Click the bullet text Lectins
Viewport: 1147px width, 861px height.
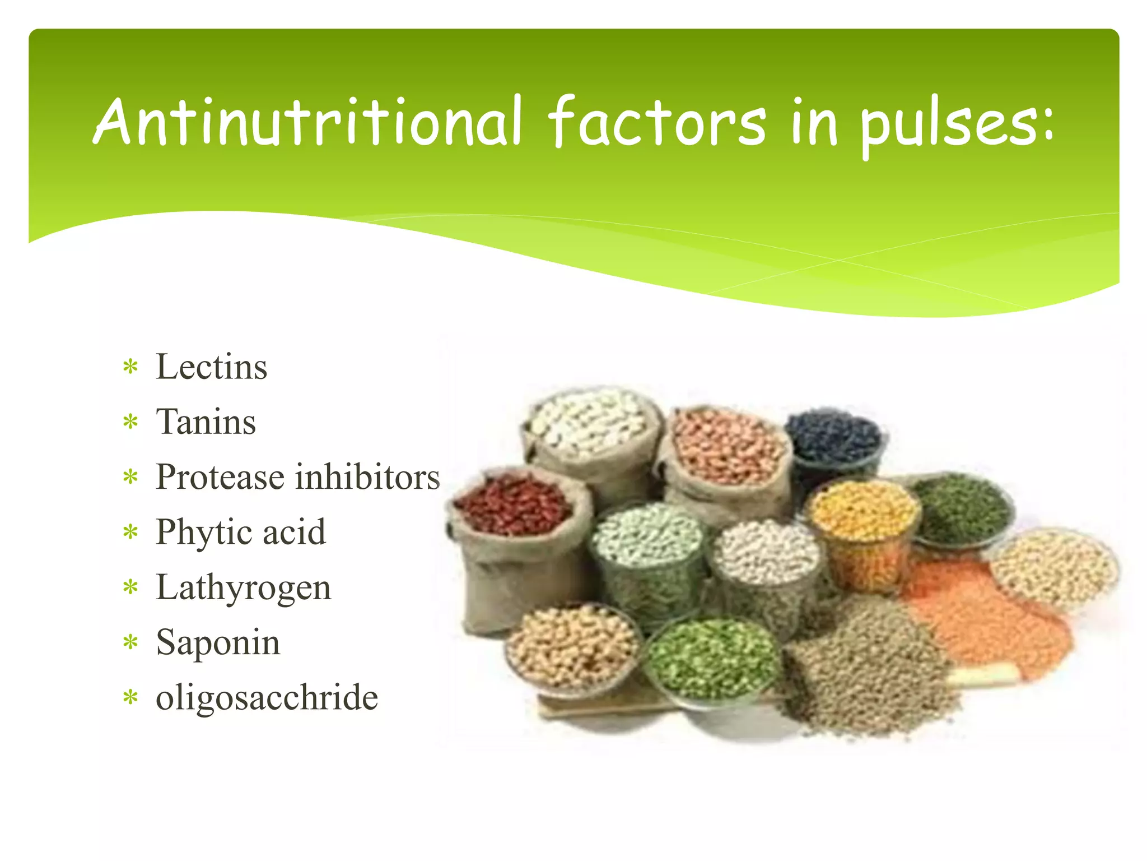(211, 367)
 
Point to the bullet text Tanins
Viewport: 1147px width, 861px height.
(206, 422)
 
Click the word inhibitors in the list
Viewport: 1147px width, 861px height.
(367, 476)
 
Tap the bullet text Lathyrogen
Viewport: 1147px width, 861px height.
(243, 587)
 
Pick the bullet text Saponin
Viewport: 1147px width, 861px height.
(218, 642)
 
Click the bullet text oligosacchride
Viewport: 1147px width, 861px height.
(267, 697)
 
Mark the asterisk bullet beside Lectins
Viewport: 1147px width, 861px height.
(130, 368)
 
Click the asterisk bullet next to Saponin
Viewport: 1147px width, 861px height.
(130, 643)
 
